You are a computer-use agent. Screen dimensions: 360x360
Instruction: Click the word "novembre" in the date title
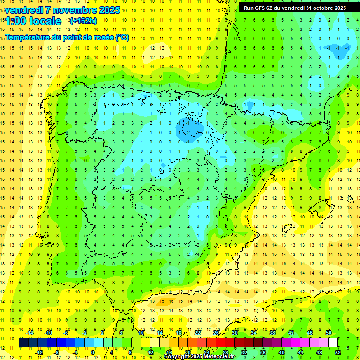click(x=71, y=10)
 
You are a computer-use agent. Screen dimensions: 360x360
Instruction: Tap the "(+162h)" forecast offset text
click(x=83, y=21)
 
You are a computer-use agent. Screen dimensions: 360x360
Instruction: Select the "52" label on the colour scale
click(x=338, y=352)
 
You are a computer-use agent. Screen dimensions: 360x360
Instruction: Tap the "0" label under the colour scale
click(x=93, y=352)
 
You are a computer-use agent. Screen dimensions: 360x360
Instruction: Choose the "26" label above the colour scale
click(x=216, y=333)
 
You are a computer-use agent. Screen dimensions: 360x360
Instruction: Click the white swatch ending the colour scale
click(x=333, y=343)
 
